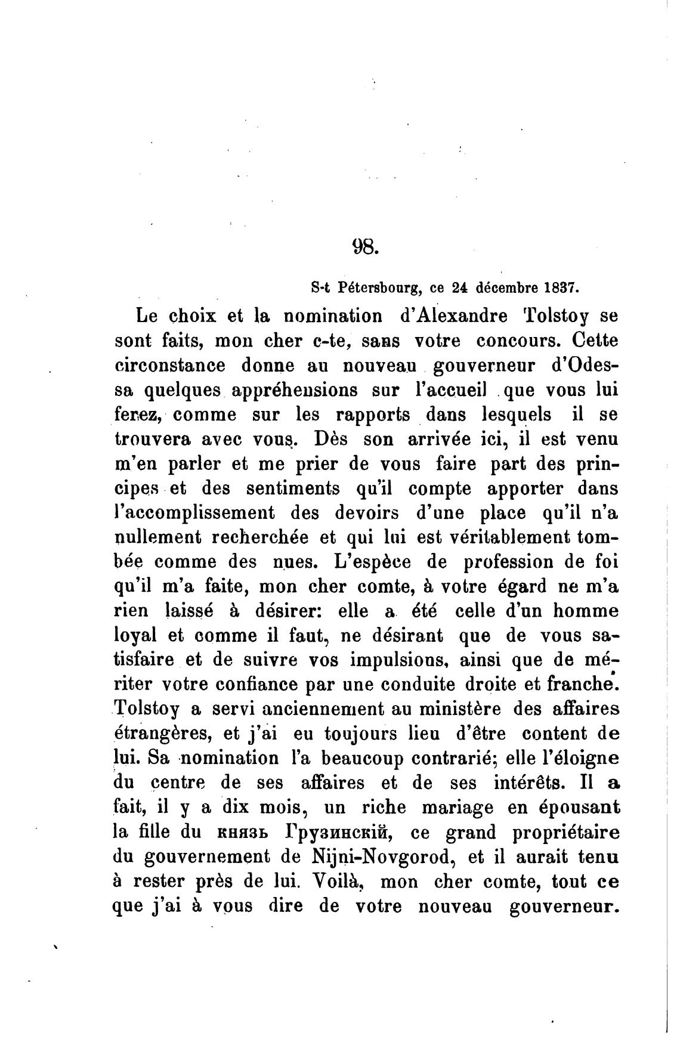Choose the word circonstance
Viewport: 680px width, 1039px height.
point(169,366)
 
